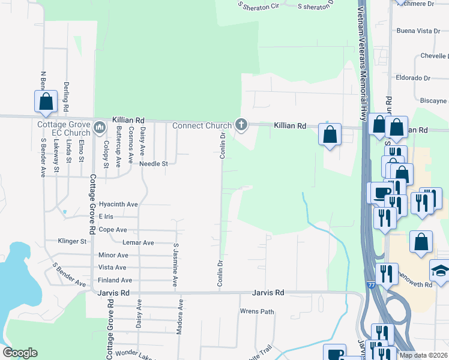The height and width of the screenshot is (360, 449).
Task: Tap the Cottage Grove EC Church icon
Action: (x=99, y=127)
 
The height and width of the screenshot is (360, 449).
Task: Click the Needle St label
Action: (x=154, y=163)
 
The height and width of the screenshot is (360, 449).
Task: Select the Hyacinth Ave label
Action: (x=118, y=204)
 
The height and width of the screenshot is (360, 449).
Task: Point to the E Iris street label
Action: (x=106, y=216)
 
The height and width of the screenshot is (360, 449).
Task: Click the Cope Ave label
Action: (x=113, y=230)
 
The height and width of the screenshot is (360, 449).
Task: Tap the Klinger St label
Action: (x=72, y=241)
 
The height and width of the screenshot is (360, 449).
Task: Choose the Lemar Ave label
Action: (x=138, y=242)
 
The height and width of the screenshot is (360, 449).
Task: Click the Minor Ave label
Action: (x=113, y=255)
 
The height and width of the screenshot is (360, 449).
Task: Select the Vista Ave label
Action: (x=112, y=268)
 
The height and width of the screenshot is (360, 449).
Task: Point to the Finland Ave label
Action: (x=115, y=280)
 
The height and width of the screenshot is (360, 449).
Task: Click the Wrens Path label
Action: (x=257, y=311)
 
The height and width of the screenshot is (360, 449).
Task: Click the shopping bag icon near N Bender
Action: (x=46, y=103)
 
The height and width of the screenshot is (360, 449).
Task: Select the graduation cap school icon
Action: (x=441, y=271)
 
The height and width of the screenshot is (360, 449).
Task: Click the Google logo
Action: (x=20, y=353)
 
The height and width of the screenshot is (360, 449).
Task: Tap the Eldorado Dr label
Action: (x=413, y=78)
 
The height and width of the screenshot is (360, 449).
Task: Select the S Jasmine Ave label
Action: (x=175, y=264)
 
